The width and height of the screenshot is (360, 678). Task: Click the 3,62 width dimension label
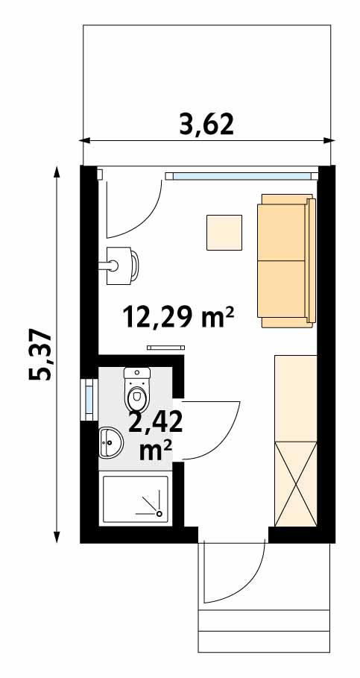[x=206, y=122]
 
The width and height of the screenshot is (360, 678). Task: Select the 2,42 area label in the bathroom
[x=156, y=421]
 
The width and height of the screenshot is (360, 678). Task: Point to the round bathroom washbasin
[x=110, y=444]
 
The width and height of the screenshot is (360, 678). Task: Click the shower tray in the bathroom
[x=136, y=499]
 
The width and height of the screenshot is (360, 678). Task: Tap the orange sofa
[x=285, y=261]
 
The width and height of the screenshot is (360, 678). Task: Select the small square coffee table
[x=224, y=232]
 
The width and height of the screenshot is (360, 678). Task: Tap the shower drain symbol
[x=158, y=513]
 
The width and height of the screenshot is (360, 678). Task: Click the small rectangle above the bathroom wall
[x=165, y=347]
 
